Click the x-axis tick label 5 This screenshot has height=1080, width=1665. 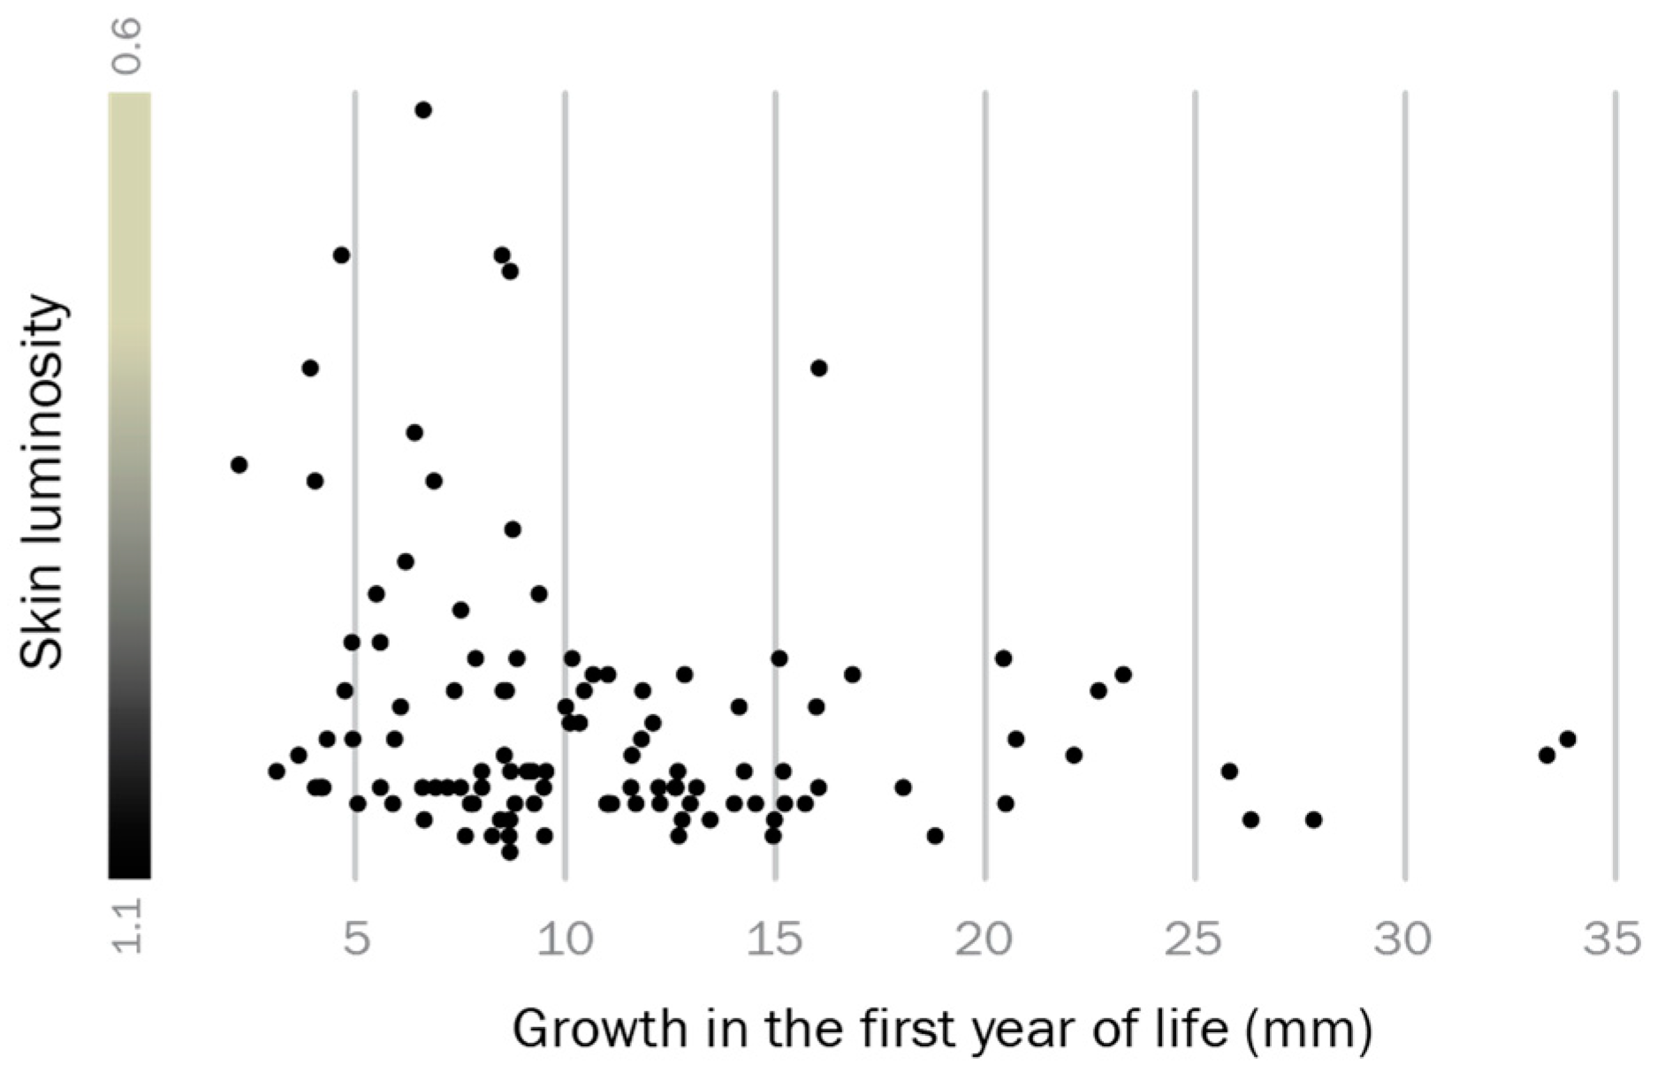tap(356, 939)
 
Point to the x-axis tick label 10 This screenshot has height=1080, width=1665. tap(566, 939)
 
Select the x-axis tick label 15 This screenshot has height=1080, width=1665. tap(775, 939)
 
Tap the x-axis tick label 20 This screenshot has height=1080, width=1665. tap(985, 939)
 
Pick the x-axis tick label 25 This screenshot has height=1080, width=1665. tap(1195, 939)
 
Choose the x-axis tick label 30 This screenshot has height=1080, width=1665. tap(1405, 939)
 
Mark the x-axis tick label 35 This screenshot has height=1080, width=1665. tap(1614, 939)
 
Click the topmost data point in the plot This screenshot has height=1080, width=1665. tap(423, 110)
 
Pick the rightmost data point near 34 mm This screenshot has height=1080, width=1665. tap(1568, 739)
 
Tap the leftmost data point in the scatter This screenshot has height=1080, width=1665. tap(239, 465)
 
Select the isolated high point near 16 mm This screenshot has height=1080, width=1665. tap(818, 368)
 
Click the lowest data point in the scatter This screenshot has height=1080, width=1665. tap(510, 852)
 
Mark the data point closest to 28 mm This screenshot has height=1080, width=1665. tap(1313, 820)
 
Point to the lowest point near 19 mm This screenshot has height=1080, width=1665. tap(935, 836)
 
